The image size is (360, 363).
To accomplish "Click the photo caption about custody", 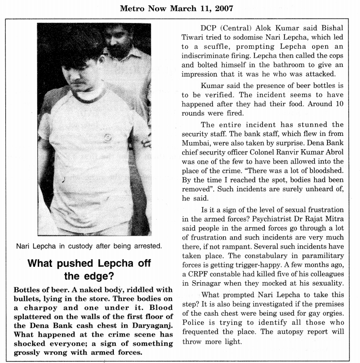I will (94, 246).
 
